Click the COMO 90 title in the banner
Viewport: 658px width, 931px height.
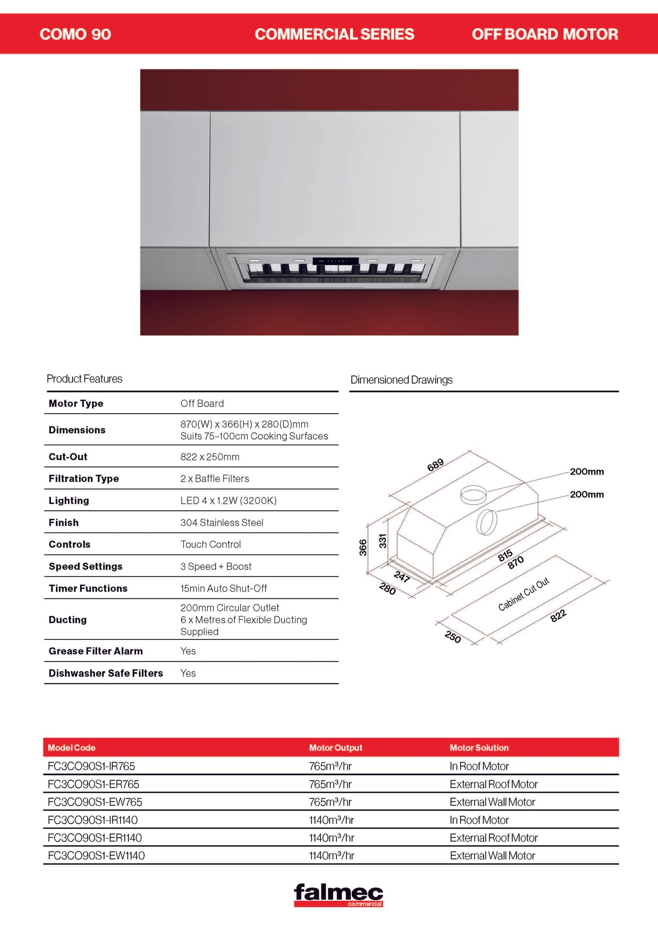pyautogui.click(x=75, y=34)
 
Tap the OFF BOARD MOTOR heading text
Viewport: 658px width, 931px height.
pyautogui.click(x=545, y=34)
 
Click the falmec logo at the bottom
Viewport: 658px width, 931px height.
pyautogui.click(x=338, y=895)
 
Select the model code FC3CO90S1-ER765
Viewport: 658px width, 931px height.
pyautogui.click(x=93, y=784)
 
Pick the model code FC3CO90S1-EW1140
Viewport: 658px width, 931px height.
pyautogui.click(x=96, y=856)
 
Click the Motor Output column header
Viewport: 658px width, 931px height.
pyautogui.click(x=336, y=748)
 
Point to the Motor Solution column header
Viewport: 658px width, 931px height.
pyautogui.click(x=479, y=748)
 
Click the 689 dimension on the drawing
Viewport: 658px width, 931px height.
pyautogui.click(x=435, y=465)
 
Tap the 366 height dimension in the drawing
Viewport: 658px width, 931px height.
pyautogui.click(x=363, y=547)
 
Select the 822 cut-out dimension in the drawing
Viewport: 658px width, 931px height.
pyautogui.click(x=558, y=615)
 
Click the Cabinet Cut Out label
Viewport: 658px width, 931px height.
pyautogui.click(x=524, y=594)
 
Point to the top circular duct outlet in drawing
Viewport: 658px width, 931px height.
pyautogui.click(x=473, y=493)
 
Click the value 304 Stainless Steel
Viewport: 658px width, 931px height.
pyautogui.click(x=222, y=523)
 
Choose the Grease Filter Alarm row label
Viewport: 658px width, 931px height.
pyautogui.click(x=96, y=651)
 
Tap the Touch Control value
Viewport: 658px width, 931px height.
pyautogui.click(x=210, y=544)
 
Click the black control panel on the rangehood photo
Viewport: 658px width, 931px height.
pyautogui.click(x=336, y=261)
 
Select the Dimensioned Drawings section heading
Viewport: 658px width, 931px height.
pyautogui.click(x=401, y=380)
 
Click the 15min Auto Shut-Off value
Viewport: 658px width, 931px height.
pyautogui.click(x=223, y=588)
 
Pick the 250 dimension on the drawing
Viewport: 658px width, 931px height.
pyautogui.click(x=453, y=637)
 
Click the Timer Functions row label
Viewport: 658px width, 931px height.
pyautogui.click(x=88, y=588)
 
